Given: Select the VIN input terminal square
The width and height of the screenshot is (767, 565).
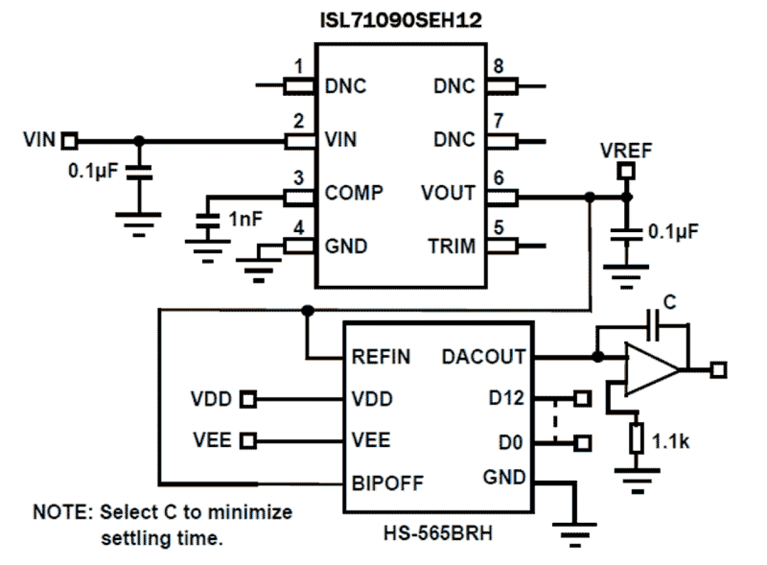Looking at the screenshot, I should [x=69, y=141].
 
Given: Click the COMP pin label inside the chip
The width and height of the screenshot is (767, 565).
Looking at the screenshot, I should [x=354, y=193].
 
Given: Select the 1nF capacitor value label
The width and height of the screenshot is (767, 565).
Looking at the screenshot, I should [x=245, y=218].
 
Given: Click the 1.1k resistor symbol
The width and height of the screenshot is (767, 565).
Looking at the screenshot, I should [x=637, y=437].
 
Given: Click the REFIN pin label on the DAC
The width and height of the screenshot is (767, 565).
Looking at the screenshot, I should [x=382, y=357].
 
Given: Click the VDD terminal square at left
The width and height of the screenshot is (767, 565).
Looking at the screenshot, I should [x=248, y=399].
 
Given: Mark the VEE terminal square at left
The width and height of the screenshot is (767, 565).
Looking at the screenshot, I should [x=248, y=440].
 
